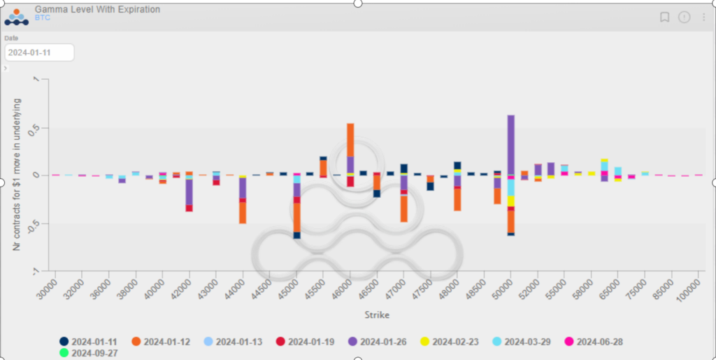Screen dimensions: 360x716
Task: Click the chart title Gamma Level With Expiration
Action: click(97, 10)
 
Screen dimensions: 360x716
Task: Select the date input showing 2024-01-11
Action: click(39, 52)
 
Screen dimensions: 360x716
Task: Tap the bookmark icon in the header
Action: click(664, 17)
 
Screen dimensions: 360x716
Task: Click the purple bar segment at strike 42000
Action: click(189, 192)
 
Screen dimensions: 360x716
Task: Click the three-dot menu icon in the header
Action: click(704, 17)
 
